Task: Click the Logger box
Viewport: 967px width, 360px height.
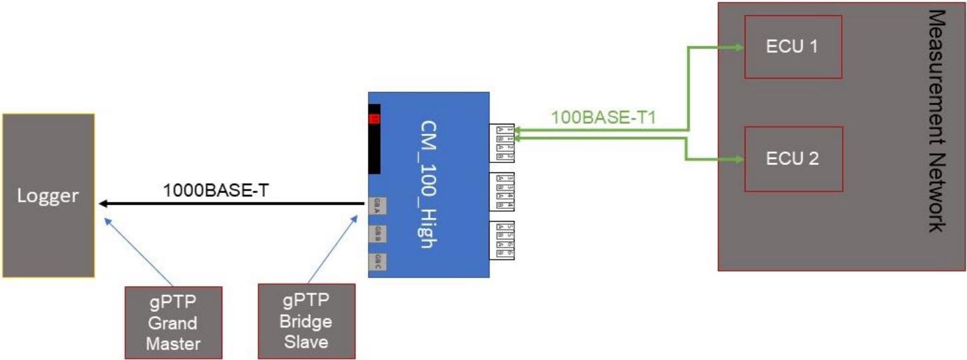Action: [x=48, y=195]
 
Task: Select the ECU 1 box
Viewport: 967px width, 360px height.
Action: [x=793, y=47]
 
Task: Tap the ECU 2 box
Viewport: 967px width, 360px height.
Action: [x=793, y=158]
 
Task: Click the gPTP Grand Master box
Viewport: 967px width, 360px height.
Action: [x=172, y=322]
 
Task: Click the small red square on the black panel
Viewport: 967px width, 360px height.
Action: [x=375, y=119]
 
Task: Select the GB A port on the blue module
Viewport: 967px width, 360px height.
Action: [x=377, y=205]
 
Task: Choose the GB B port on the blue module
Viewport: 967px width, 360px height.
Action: [x=377, y=232]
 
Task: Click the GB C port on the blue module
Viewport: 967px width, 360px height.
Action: [x=377, y=260]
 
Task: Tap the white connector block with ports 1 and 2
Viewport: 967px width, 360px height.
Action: [x=502, y=142]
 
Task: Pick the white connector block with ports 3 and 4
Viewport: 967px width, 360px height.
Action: [x=502, y=192]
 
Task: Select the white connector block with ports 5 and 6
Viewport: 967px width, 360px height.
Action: [x=502, y=240]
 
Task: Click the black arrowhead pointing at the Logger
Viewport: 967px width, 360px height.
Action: [x=103, y=203]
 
